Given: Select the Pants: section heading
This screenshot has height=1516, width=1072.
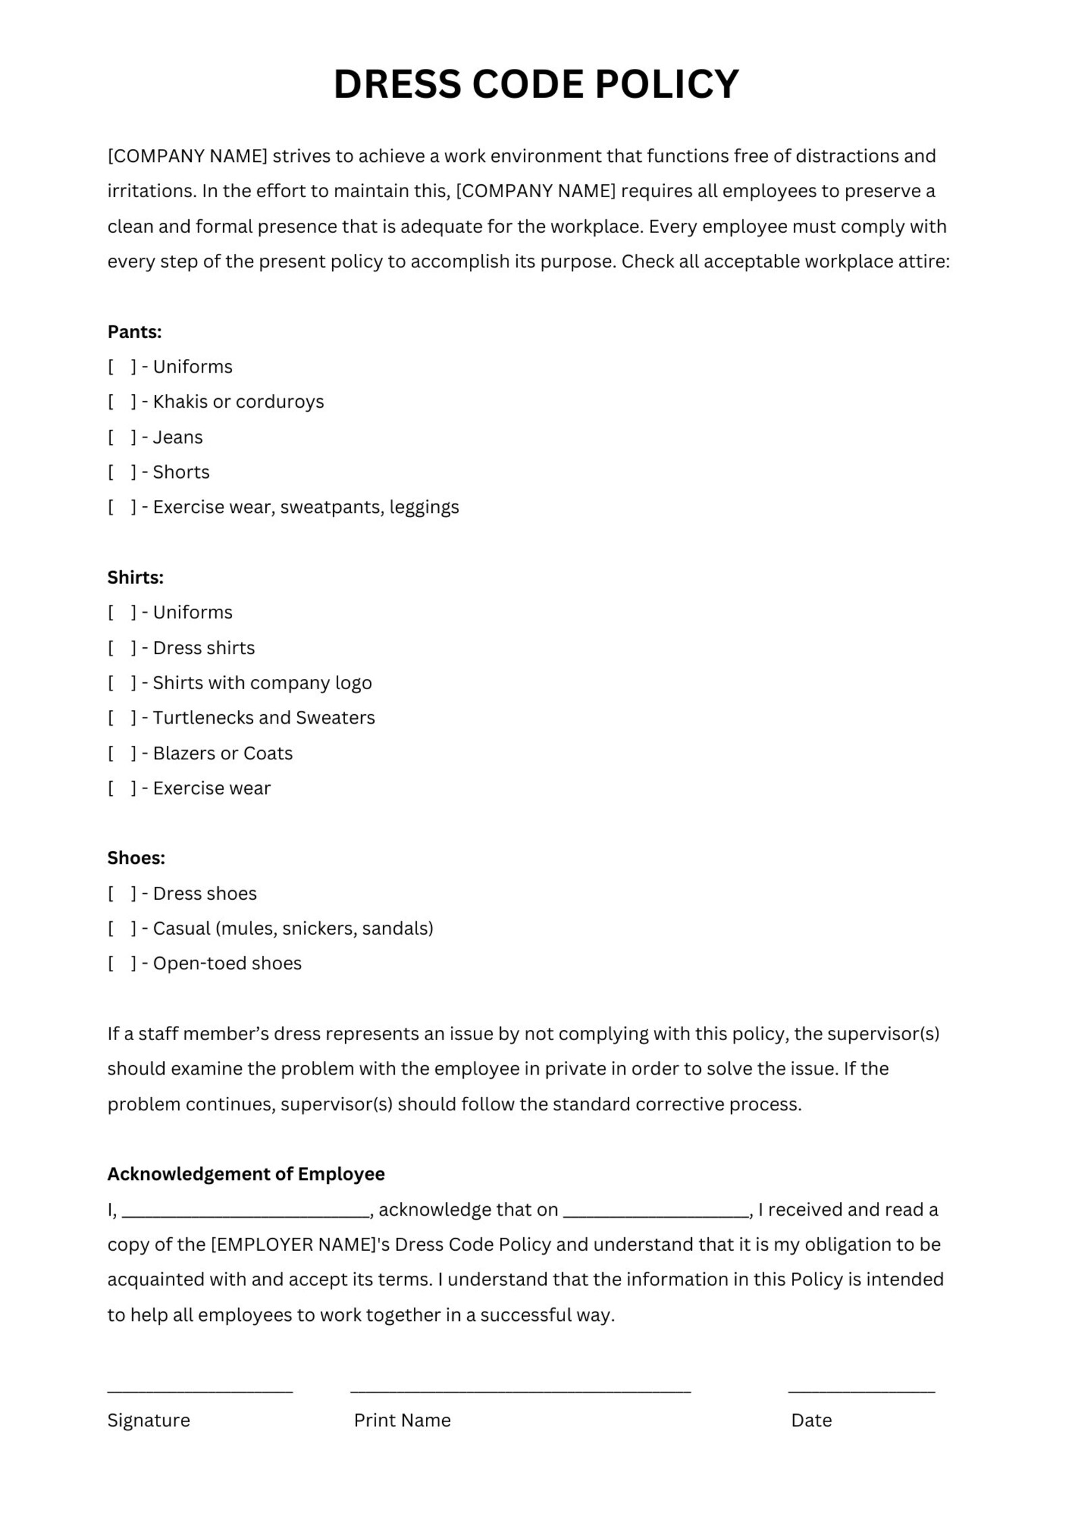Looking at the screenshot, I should [134, 331].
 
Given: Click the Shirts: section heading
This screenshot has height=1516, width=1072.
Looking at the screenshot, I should [135, 577].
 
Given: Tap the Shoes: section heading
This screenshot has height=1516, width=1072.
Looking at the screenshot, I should [136, 858].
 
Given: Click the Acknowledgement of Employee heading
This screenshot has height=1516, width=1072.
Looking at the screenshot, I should [246, 1174].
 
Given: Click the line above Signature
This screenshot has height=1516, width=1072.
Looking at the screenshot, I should [200, 1391].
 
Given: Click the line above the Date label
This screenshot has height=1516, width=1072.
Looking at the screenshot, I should [861, 1391].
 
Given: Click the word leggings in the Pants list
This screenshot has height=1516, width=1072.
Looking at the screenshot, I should [424, 507].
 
